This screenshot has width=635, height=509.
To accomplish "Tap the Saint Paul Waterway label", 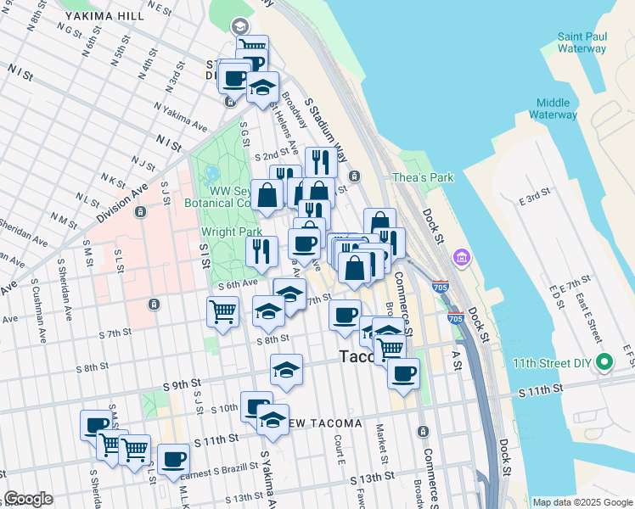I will [582, 42].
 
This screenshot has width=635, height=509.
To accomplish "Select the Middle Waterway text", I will [553, 108].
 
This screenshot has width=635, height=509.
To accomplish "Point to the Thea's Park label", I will [423, 177].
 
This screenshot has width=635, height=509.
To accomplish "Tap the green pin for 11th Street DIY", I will [604, 363].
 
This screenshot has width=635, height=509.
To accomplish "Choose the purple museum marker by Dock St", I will [462, 256].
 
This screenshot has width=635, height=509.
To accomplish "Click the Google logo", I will [28, 499].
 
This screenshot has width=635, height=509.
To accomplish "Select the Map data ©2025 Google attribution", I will [582, 502].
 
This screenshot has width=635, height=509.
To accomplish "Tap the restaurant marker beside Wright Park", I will [261, 250].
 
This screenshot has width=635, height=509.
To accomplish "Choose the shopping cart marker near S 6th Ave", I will [222, 312].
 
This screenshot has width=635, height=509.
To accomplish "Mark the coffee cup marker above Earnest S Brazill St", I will [174, 459].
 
